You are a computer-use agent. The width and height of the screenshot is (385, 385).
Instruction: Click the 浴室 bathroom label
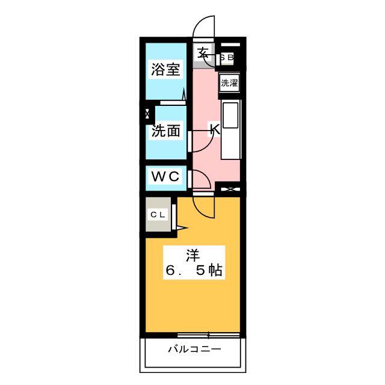(x=165, y=69)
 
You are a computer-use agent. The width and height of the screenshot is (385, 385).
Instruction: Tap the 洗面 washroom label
(x=165, y=131)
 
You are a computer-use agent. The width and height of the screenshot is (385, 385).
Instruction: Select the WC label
(x=165, y=176)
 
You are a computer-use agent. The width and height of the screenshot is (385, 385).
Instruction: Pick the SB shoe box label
(x=227, y=58)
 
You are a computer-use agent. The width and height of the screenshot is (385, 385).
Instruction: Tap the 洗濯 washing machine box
(x=229, y=83)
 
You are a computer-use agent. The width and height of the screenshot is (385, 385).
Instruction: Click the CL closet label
(x=158, y=214)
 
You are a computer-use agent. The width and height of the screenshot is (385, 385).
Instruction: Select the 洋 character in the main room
(x=192, y=254)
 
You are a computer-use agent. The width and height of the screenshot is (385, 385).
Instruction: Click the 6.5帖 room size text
(x=194, y=271)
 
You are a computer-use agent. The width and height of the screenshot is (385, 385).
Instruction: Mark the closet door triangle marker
(x=181, y=227)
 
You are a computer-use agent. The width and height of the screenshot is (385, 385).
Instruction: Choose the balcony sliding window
(x=209, y=334)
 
